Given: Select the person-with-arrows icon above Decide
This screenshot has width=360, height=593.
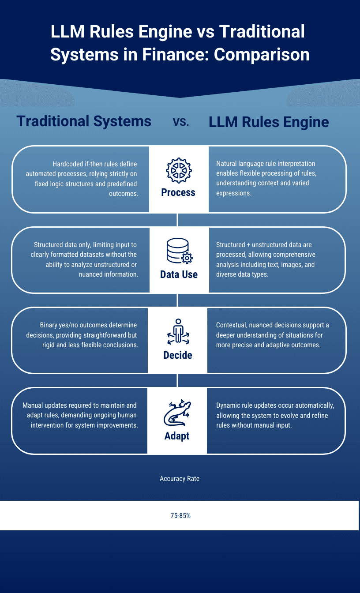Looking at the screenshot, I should (x=178, y=332).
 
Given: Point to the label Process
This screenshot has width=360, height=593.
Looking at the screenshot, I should (x=178, y=192).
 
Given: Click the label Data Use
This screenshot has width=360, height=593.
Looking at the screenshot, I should (x=179, y=274).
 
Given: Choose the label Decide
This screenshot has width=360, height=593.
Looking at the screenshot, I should (x=178, y=355).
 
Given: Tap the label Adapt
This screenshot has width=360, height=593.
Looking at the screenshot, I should (x=177, y=436).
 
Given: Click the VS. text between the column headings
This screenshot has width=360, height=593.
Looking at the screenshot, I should (x=180, y=123).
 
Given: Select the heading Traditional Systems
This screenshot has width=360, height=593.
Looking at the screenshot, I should (x=84, y=121).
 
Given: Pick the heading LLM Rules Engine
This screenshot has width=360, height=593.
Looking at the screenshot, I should (x=269, y=122).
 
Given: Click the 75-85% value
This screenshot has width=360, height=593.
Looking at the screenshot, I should (x=180, y=515).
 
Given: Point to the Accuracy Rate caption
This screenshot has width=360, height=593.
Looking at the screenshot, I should (x=180, y=478).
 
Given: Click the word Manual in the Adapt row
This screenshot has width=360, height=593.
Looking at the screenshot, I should (x=33, y=405).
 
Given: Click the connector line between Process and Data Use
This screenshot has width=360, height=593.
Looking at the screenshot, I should (x=177, y=220).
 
